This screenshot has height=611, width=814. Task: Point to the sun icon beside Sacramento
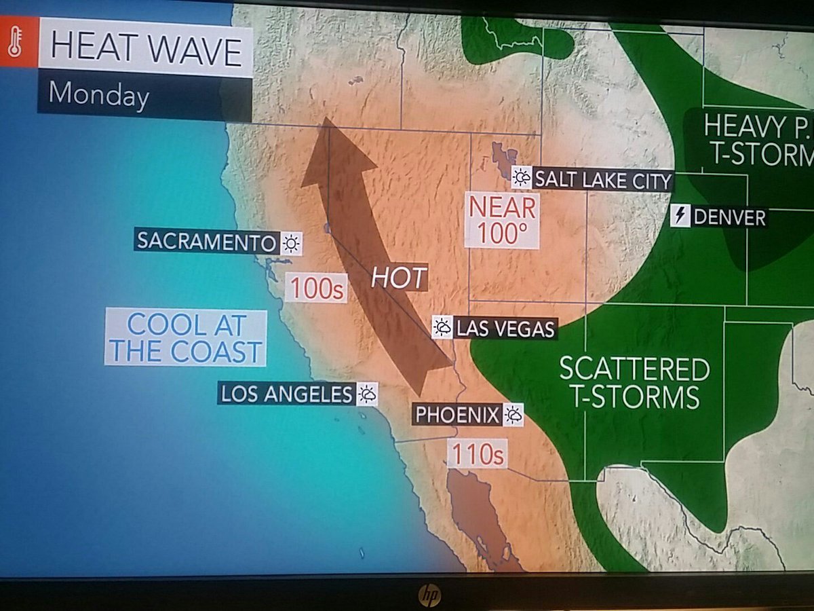tap(291, 243)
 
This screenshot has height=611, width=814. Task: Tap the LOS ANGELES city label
tap(286, 393)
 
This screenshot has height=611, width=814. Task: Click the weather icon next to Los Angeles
tap(367, 394)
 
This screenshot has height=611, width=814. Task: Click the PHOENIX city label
tap(457, 414)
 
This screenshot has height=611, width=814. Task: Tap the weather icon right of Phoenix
tap(513, 414)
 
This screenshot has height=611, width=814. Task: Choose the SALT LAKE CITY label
tap(602, 181)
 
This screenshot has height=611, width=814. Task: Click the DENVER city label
tap(729, 217)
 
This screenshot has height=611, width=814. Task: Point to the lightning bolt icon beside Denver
tap(680, 217)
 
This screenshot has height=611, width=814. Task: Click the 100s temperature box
tap(315, 288)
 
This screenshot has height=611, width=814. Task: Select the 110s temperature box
tap(476, 454)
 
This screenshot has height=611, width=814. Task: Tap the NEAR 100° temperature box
tap(501, 219)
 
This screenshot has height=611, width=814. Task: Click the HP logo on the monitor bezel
tap(428, 595)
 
